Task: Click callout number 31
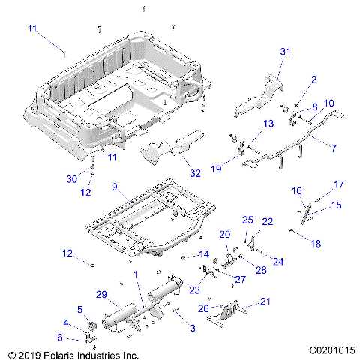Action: [x=284, y=51]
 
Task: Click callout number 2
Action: [x=313, y=79]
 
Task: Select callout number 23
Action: [x=194, y=290]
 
